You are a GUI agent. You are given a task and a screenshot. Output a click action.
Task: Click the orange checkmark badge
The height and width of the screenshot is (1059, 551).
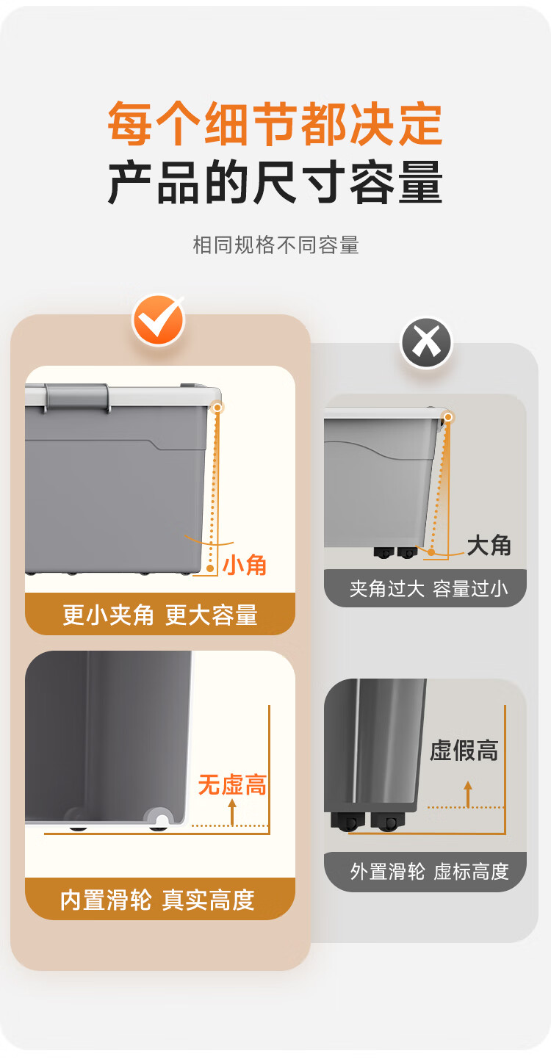point(159,320)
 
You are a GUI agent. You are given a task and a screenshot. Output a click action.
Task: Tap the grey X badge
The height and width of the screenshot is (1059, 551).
point(427,343)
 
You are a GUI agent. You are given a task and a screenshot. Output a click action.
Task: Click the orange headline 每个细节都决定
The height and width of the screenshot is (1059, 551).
point(275,123)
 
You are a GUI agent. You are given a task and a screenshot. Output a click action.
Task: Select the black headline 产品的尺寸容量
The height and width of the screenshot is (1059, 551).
point(275,182)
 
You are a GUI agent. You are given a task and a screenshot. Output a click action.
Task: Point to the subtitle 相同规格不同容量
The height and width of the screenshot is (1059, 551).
point(275,245)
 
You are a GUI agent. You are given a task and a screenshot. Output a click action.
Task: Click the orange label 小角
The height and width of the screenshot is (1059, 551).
point(245,565)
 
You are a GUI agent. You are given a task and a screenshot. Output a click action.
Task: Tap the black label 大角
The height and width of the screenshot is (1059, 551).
point(489,546)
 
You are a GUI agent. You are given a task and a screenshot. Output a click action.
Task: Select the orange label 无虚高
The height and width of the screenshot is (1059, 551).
point(232,785)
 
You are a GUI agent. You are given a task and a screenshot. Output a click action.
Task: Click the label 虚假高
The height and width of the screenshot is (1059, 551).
point(464,751)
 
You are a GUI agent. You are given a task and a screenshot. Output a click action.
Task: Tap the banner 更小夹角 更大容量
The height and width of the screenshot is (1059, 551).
point(160,614)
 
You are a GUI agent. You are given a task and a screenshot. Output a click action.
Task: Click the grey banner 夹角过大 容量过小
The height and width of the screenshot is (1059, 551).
point(425,588)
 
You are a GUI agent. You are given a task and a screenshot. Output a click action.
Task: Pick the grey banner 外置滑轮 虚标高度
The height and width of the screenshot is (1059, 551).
point(425,872)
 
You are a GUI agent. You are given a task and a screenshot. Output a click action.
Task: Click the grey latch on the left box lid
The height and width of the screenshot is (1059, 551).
point(76,397)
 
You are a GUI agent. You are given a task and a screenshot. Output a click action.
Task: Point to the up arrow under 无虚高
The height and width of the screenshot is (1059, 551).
point(232,812)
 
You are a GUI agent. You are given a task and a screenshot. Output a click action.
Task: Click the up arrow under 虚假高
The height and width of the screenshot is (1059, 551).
point(468,795)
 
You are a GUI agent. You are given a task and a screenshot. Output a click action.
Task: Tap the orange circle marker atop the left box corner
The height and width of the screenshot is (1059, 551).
point(217,407)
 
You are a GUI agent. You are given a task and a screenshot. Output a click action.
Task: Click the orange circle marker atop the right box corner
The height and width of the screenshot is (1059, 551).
point(447,416)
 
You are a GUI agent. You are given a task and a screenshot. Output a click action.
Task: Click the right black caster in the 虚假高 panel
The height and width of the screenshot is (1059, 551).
point(388,823)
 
